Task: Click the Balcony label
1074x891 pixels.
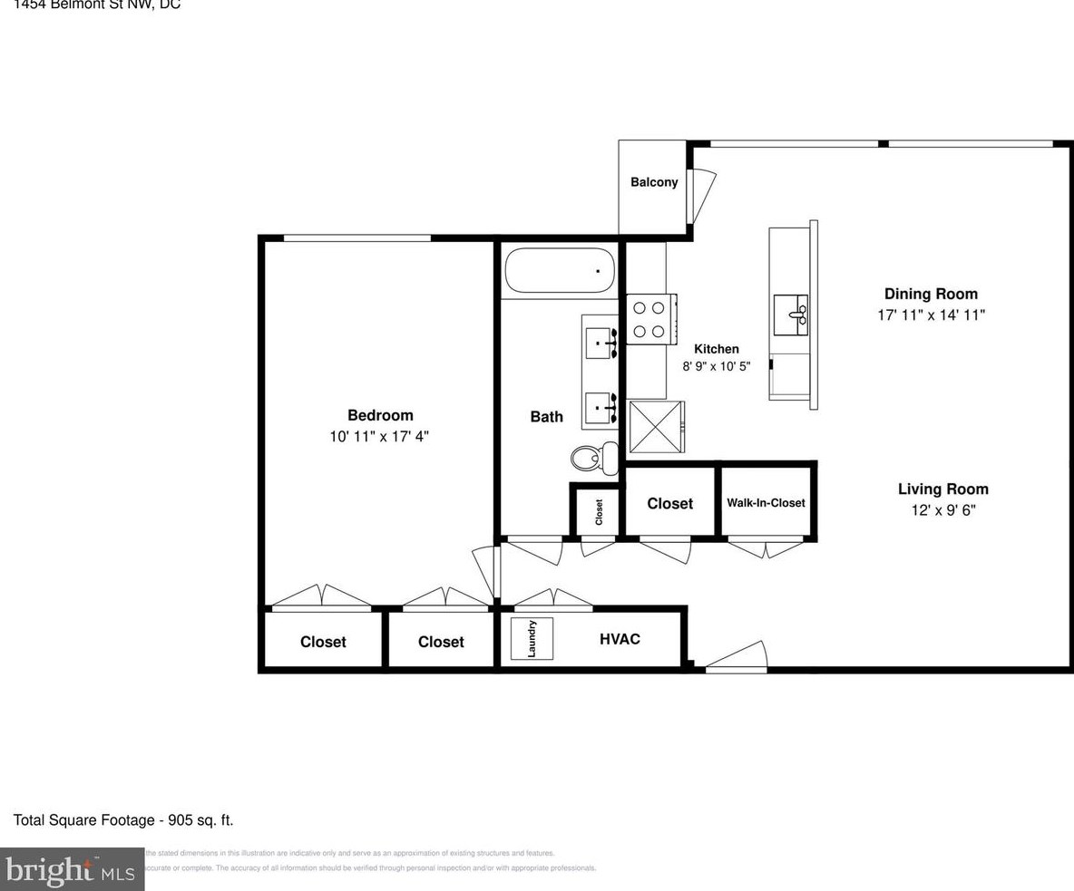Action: pos(654,182)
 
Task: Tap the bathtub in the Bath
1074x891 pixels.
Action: pos(559,270)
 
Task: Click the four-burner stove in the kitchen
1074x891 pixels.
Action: pos(649,320)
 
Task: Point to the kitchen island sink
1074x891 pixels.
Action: pos(790,315)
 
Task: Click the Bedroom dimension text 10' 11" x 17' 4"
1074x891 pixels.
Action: pos(379,436)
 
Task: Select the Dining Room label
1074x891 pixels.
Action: pos(931,294)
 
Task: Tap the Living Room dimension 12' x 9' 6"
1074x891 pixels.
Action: pos(942,510)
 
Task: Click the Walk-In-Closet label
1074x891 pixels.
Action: pos(766,503)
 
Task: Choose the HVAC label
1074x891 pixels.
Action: pos(620,639)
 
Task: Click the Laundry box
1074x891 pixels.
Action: pos(532,638)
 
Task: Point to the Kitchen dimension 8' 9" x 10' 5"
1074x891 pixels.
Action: pos(716,367)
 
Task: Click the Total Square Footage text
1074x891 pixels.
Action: pos(123,820)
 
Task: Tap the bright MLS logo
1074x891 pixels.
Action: pos(72,870)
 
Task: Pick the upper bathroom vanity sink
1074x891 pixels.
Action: pos(600,343)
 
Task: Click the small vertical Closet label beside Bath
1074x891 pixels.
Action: pos(599,513)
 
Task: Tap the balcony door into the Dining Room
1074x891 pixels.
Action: pos(700,195)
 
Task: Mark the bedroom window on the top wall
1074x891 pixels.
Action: pos(357,238)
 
